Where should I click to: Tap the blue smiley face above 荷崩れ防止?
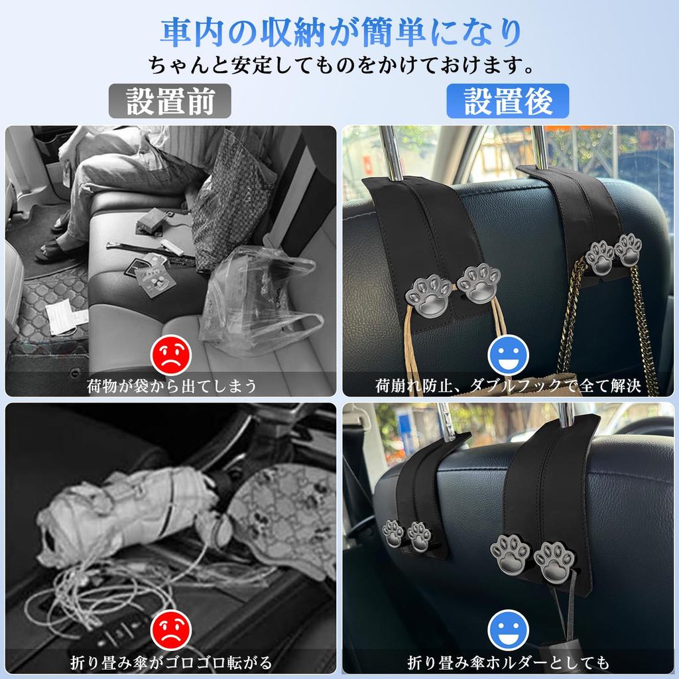point(508,355)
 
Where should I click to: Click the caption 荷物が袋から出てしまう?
point(171,385)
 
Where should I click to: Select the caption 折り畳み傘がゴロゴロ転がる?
point(171,662)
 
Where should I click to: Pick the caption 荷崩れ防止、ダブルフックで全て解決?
point(508,385)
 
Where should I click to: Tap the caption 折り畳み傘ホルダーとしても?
point(508,662)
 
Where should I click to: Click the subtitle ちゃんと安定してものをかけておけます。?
point(339,65)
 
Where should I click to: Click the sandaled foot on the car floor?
point(56,249)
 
